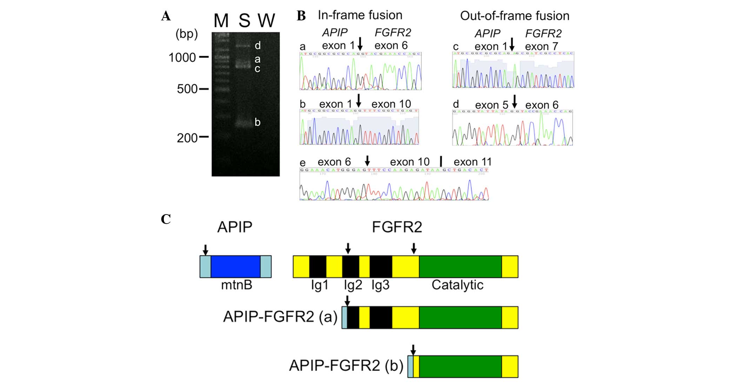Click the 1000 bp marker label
click(x=182, y=58)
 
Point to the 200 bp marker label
click(x=187, y=138)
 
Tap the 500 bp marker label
click(x=187, y=89)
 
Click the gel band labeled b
click(x=243, y=124)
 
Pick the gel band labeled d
click(x=243, y=46)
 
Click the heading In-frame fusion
click(x=360, y=15)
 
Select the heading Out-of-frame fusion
click(x=514, y=16)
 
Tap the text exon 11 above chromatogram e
click(x=472, y=162)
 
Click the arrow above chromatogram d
click(x=514, y=101)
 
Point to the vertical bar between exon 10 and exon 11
click(x=441, y=161)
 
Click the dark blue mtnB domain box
click(x=235, y=267)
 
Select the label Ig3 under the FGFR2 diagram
click(x=380, y=285)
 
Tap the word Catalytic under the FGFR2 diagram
click(x=457, y=285)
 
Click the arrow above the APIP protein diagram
click(x=206, y=250)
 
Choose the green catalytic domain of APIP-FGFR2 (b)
click(x=460, y=367)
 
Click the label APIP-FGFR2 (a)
click(x=280, y=317)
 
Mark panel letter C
click(x=166, y=219)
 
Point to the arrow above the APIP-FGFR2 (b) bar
click(x=413, y=350)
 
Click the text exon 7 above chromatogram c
click(x=541, y=46)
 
